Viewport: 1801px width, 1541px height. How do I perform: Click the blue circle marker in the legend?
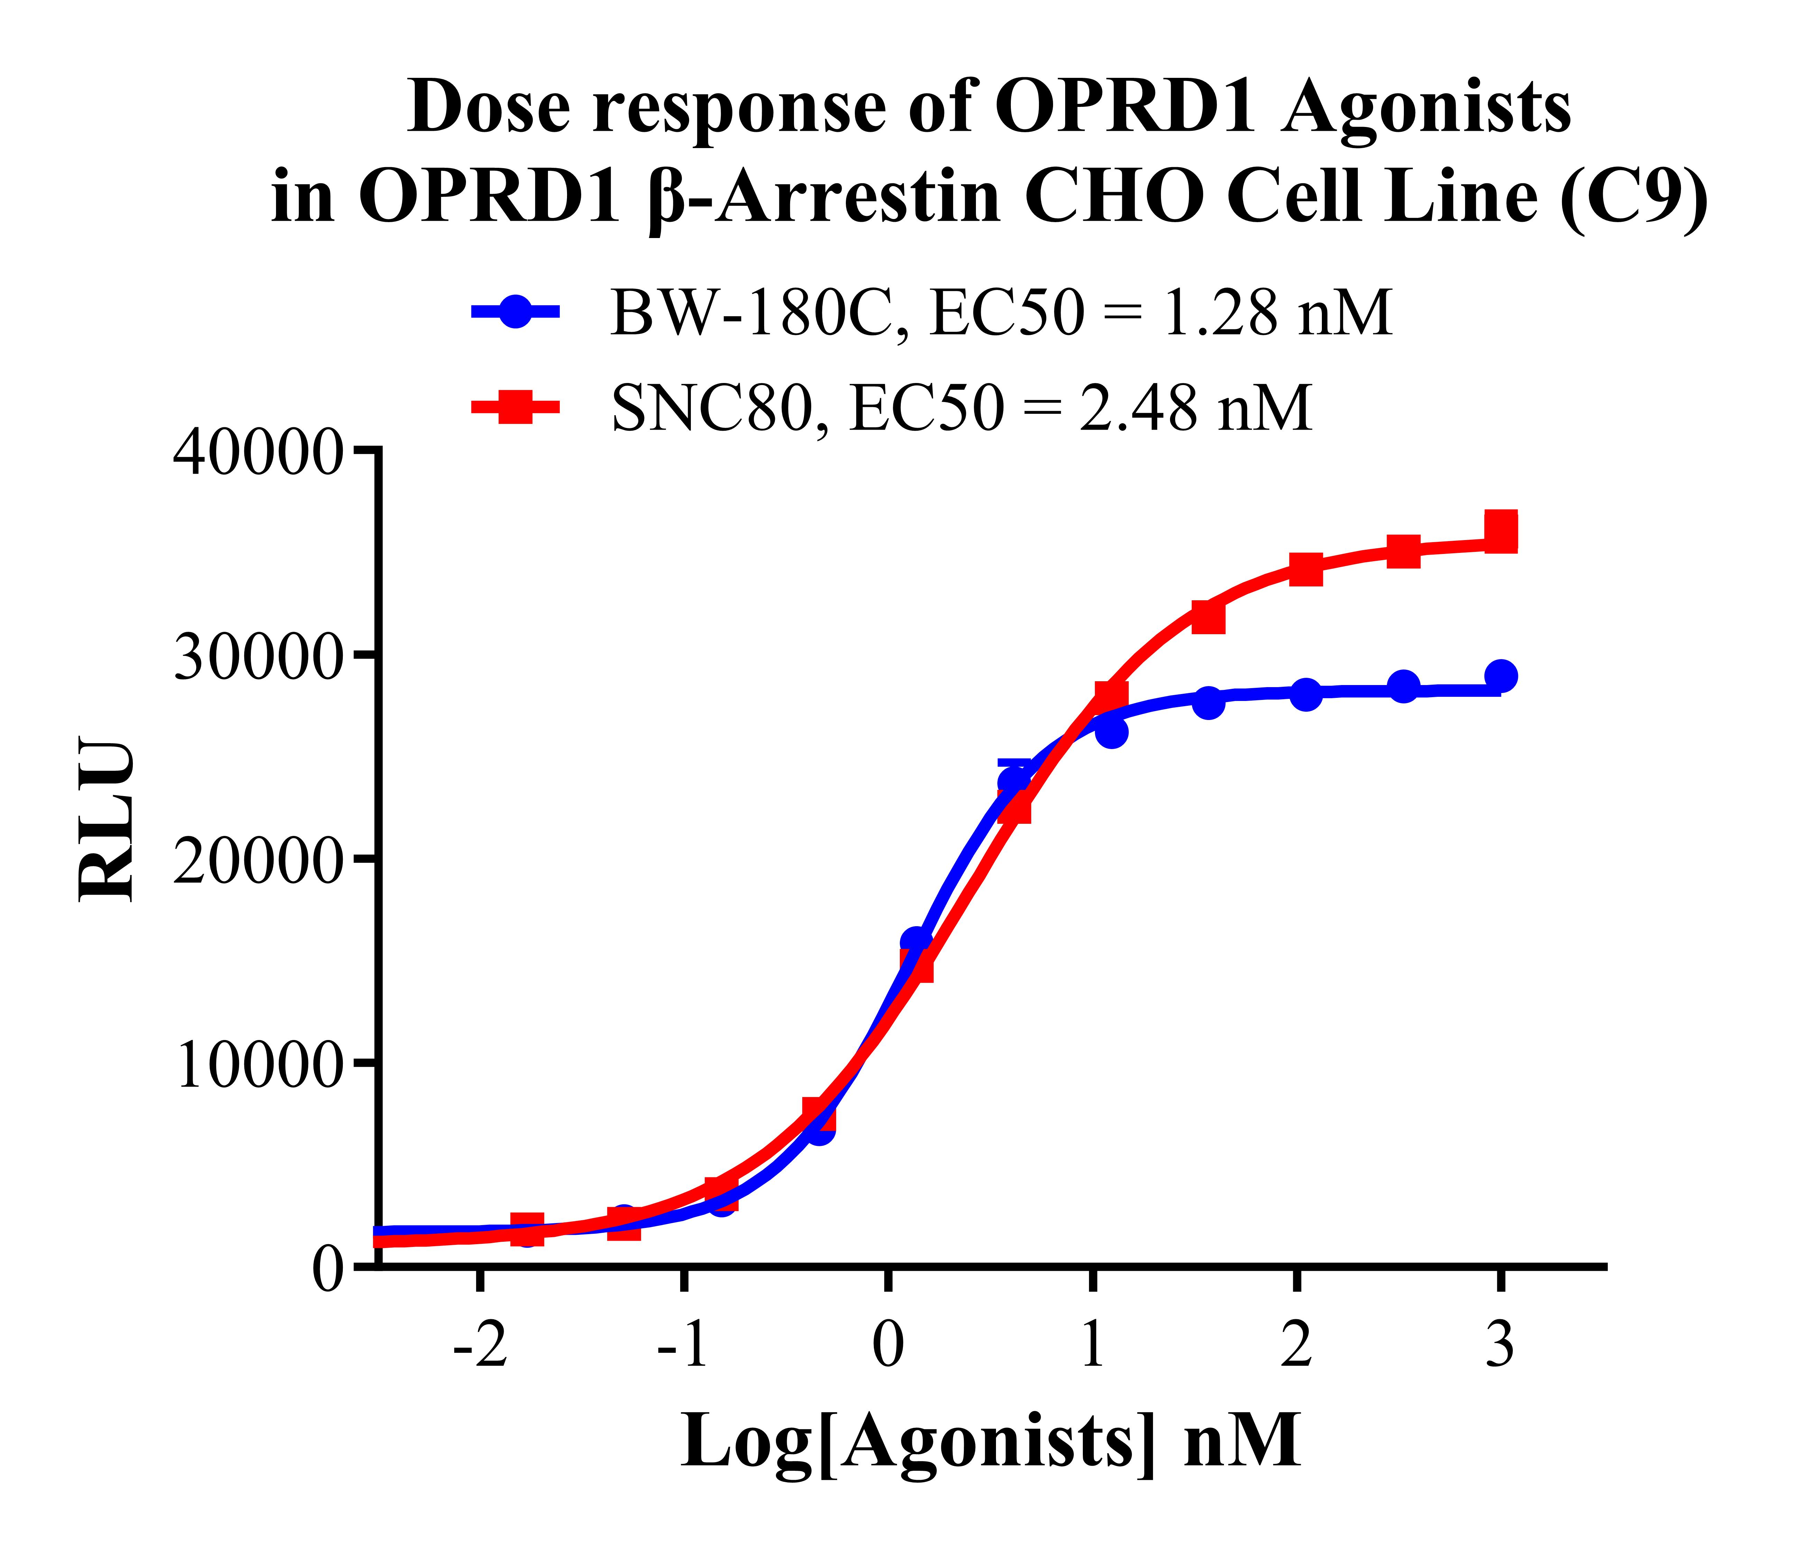515,311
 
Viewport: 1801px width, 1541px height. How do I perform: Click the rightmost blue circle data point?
1501,675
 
